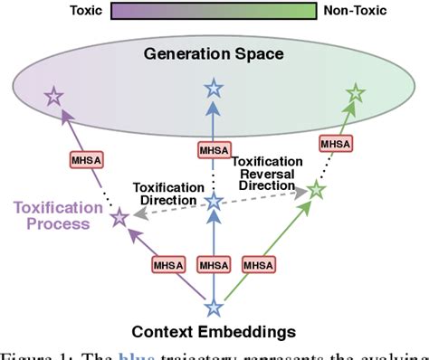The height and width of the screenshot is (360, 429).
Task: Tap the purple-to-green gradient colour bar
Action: click(x=214, y=11)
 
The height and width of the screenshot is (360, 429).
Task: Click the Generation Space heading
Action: click(x=214, y=54)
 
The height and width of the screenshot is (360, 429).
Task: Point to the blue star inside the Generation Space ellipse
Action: click(x=214, y=89)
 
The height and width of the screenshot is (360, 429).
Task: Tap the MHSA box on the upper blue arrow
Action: click(x=214, y=150)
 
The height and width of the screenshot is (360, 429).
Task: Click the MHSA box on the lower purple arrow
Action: click(x=167, y=266)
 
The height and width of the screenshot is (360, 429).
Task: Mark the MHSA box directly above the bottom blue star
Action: click(x=214, y=266)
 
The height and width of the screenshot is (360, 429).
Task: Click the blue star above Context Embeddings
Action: click(x=214, y=308)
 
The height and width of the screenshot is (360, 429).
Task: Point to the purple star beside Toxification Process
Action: click(x=119, y=217)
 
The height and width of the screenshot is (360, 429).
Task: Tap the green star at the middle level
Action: click(x=315, y=190)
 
